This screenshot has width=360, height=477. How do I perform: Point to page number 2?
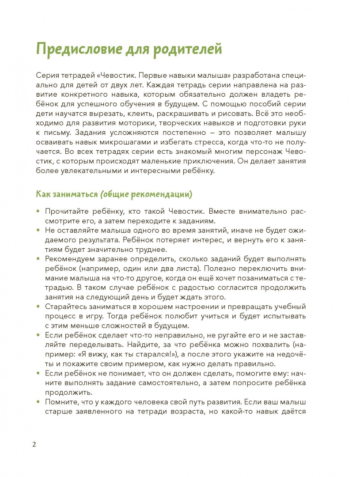[34, 444]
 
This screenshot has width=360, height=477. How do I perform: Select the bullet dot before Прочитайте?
[38, 212]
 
